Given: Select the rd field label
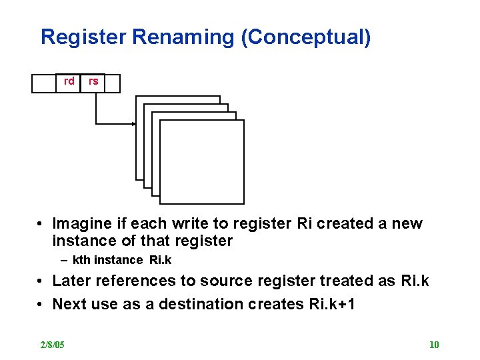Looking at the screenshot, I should click(69, 81).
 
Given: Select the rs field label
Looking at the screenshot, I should click(93, 81).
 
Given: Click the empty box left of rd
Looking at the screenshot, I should click(43, 83).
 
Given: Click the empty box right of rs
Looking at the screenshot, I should click(113, 83).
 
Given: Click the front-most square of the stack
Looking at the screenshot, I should click(202, 162).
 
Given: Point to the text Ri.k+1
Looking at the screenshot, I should click(332, 305).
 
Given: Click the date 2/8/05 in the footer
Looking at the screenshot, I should click(52, 345).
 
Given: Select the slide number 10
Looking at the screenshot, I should click(434, 345).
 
